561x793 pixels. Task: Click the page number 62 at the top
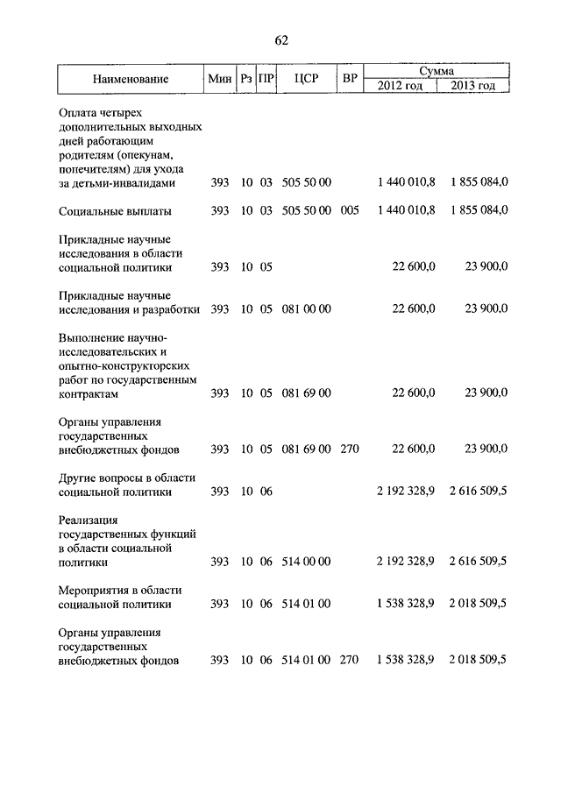(281, 40)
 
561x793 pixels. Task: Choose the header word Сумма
(436, 70)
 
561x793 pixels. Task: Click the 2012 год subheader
(400, 86)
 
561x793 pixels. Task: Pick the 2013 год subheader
(472, 86)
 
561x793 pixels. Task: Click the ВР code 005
(350, 211)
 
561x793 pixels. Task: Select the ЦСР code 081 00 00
(306, 309)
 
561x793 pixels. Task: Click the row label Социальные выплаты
(115, 211)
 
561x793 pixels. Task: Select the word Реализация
(89, 520)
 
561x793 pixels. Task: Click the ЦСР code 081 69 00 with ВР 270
(306, 450)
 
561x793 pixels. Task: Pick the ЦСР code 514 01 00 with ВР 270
(306, 660)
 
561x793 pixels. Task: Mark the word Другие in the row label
(80, 478)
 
